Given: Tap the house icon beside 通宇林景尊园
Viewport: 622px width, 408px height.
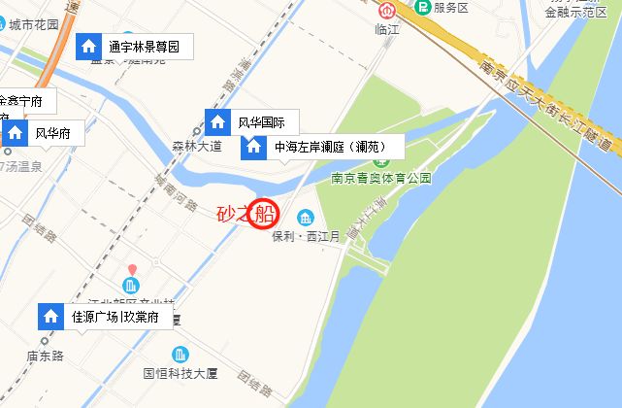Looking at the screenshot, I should click(88, 46).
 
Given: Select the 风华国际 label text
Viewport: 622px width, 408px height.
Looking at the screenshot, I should click(261, 122).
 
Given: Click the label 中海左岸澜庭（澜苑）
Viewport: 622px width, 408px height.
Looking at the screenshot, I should click(331, 148).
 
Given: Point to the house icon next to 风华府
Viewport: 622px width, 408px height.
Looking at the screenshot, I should click(16, 133).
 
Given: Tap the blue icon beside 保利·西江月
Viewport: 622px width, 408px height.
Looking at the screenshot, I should click(306, 216).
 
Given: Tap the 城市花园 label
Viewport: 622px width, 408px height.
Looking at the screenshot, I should click(34, 24).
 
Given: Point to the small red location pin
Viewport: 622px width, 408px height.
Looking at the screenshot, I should click(133, 268).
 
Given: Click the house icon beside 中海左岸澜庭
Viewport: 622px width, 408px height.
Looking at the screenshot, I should click(254, 148).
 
